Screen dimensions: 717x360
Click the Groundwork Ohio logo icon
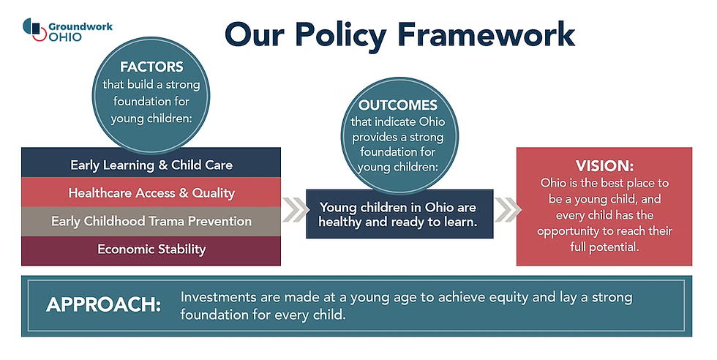point(34,29)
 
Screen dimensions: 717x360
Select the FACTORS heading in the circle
point(151,67)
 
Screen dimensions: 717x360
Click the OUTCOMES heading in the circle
point(398,105)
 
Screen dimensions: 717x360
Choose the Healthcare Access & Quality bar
point(151,192)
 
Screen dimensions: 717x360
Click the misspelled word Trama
point(168,222)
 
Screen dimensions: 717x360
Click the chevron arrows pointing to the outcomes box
point(296,210)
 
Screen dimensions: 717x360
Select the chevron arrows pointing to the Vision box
point(508,210)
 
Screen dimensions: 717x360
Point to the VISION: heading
point(604,165)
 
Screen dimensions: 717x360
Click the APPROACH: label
point(103,305)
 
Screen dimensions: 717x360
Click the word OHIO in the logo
point(65,37)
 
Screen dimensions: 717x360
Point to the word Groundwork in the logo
point(80,26)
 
